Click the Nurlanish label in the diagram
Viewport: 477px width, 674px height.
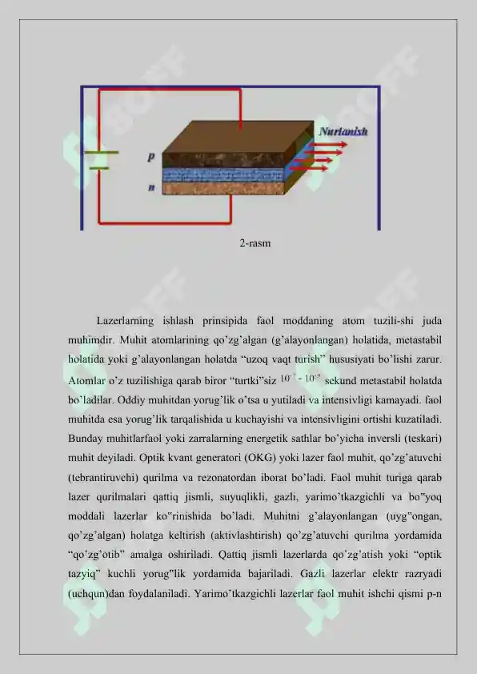click(343, 131)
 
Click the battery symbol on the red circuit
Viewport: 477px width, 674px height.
click(98, 159)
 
